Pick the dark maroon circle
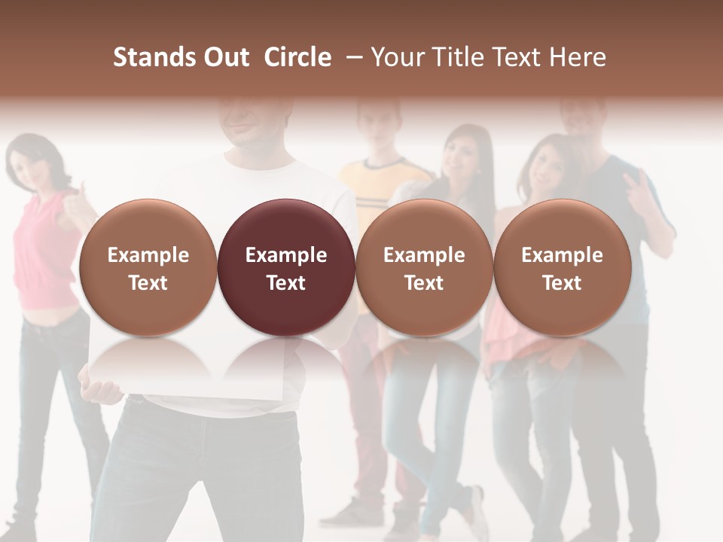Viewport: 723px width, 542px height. pyautogui.click(x=286, y=267)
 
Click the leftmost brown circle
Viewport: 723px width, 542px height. pyautogui.click(x=148, y=267)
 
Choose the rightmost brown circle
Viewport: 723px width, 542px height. pyautogui.click(x=562, y=267)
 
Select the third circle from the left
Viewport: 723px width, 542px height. pyautogui.click(x=424, y=267)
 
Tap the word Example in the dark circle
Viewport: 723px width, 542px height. pyautogui.click(x=286, y=255)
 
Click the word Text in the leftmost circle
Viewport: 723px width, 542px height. pyautogui.click(x=148, y=283)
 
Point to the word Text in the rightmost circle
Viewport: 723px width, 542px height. pyautogui.click(x=562, y=283)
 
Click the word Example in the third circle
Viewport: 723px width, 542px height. pyautogui.click(x=424, y=255)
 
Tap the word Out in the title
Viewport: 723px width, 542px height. pyautogui.click(x=224, y=57)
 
